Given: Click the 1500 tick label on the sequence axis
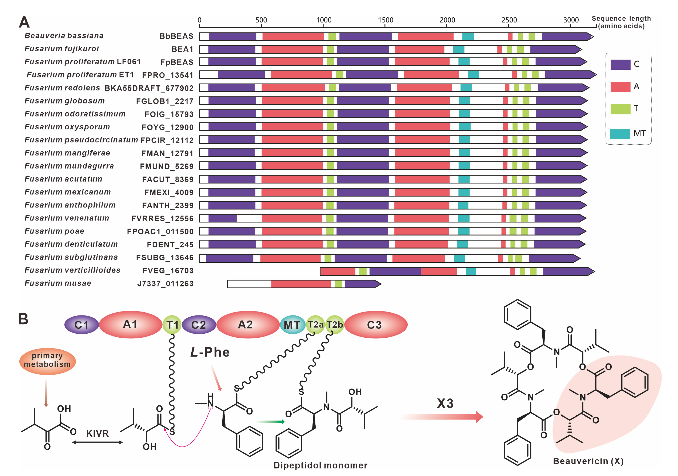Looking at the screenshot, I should (x=385, y=20).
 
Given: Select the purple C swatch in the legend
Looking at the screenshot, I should (x=620, y=64).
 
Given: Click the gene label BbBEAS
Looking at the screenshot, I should (x=176, y=36).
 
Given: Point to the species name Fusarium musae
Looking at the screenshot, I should (x=58, y=283).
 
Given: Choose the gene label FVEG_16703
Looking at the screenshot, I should (x=168, y=271).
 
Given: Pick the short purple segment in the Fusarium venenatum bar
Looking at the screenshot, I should (x=223, y=218).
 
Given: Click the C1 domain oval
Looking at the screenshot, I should (x=82, y=325).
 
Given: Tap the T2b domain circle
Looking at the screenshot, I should (x=335, y=325).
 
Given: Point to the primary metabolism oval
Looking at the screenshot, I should (x=47, y=360).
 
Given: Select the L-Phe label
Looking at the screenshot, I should (x=210, y=352).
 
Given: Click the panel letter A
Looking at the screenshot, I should (x=24, y=22).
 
